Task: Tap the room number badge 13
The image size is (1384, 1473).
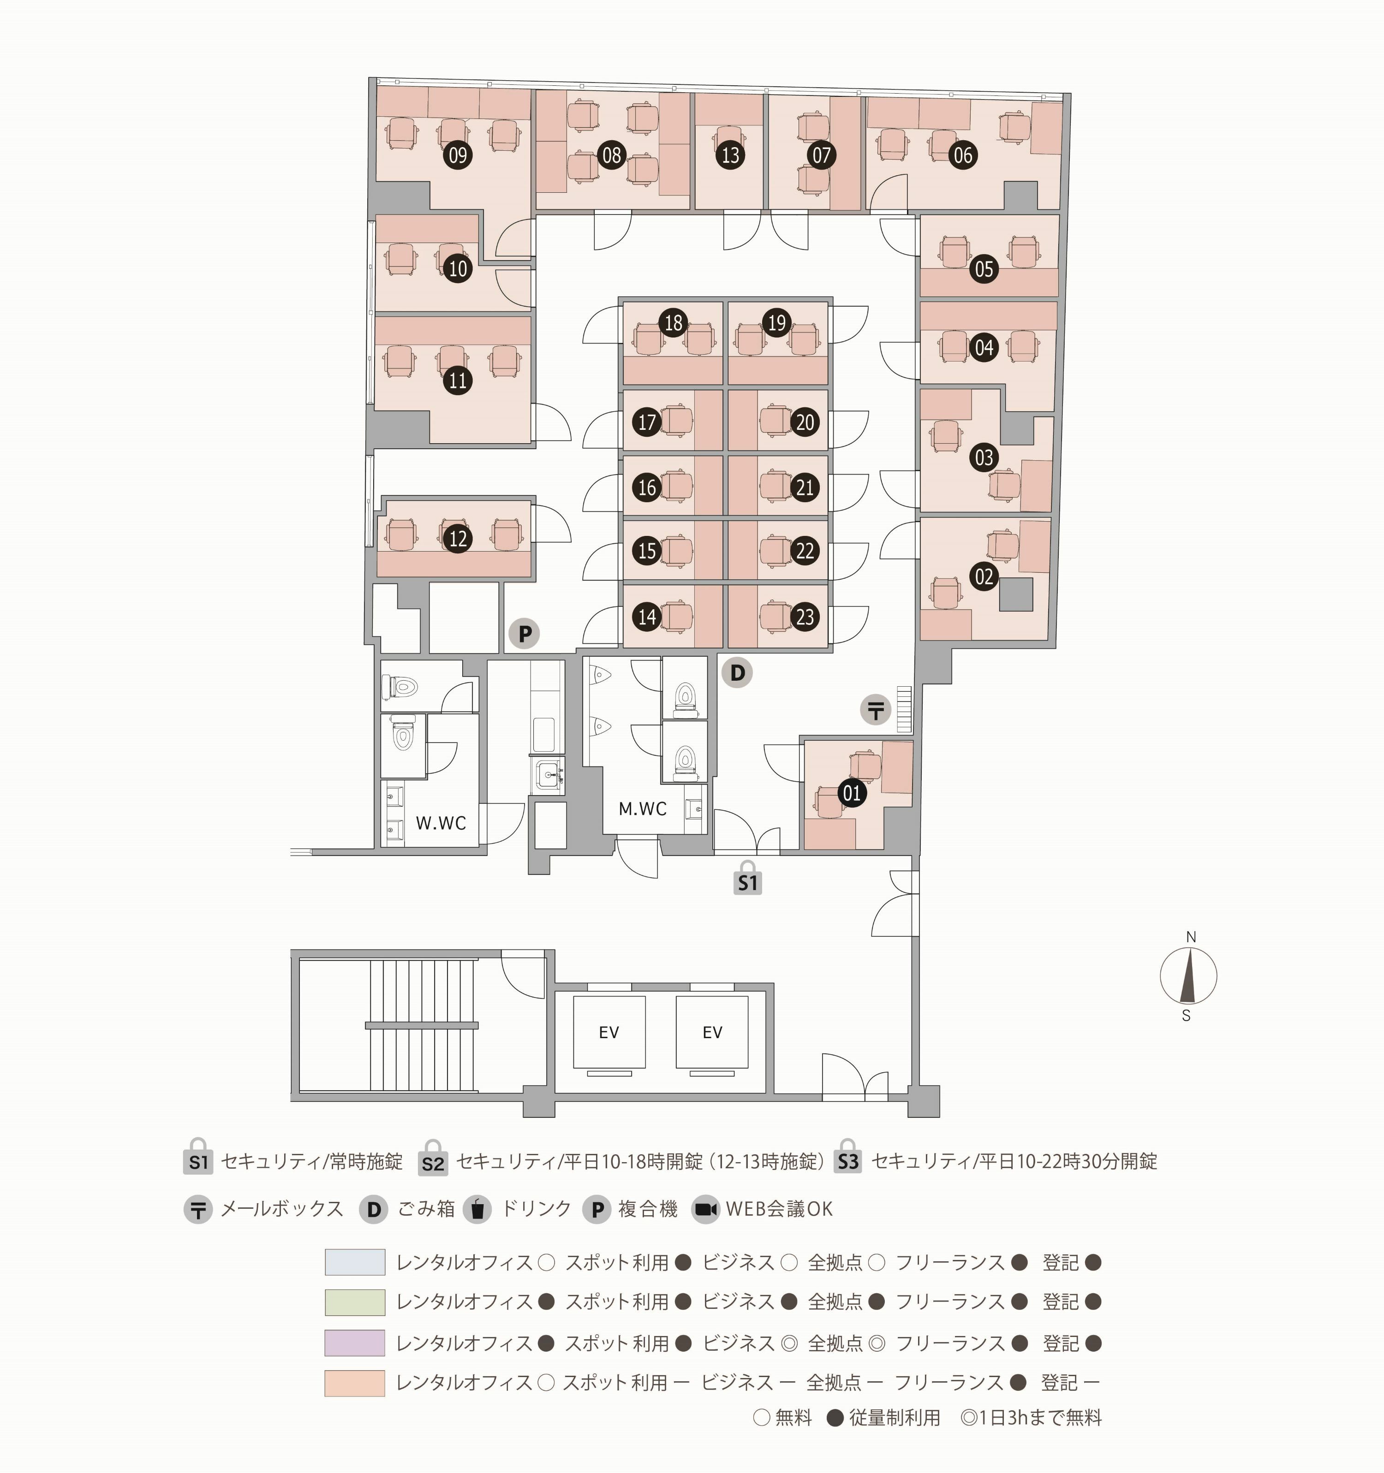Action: (730, 155)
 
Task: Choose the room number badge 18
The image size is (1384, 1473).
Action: (673, 322)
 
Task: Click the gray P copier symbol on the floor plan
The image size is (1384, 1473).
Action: (524, 634)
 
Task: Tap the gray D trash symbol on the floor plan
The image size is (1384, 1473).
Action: (737, 673)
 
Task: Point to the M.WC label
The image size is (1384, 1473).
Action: (643, 808)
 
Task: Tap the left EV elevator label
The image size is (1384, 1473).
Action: (608, 1032)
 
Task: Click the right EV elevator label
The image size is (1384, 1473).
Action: (712, 1032)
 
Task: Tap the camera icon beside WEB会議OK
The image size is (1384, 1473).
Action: (706, 1209)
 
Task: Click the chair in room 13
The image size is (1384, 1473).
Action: (729, 137)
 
